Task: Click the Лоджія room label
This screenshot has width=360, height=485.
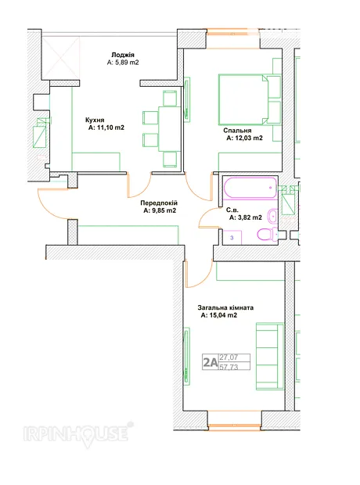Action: [x=123, y=55]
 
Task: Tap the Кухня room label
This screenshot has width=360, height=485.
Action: [x=95, y=120]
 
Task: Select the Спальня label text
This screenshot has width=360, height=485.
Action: [x=237, y=131]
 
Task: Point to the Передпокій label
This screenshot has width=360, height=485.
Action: [x=159, y=203]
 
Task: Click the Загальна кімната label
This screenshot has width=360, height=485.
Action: [x=225, y=307]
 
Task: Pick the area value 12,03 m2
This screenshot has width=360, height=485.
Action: [x=244, y=138]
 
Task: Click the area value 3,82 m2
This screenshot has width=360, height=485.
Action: [x=246, y=217]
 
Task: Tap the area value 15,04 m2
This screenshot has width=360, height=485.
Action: [x=219, y=315]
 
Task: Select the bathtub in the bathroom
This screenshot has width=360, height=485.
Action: [x=250, y=188]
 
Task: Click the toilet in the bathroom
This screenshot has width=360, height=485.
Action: [x=268, y=234]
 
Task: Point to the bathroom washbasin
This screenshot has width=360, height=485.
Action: [x=272, y=215]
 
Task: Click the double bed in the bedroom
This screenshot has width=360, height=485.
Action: [x=250, y=99]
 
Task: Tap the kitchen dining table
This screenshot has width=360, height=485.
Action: [x=169, y=128]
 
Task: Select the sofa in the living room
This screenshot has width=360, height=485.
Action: [x=270, y=356]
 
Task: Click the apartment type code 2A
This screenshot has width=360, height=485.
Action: [x=211, y=362]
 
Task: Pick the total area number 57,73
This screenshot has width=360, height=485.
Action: [x=229, y=367]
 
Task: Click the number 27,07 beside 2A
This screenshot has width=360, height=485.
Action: [x=229, y=357]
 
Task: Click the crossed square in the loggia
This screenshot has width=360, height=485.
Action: [x=61, y=58]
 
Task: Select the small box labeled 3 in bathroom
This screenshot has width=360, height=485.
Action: [x=232, y=238]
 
